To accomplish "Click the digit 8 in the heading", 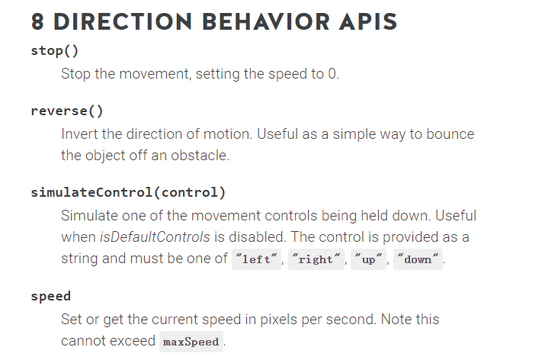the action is [37, 21].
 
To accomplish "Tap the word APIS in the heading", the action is [368, 21].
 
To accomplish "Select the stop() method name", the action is [55, 51].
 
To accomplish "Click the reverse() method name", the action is [67, 111].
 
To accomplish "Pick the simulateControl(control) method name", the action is [128, 192].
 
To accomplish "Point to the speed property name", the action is [51, 297].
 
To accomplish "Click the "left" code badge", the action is [257, 259].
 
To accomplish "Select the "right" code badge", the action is [316, 259].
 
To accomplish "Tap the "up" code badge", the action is [368, 259].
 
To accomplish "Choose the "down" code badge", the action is [418, 259].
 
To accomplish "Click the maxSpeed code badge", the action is [191, 342].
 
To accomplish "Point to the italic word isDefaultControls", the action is [155, 237].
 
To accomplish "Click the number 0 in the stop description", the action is [332, 74].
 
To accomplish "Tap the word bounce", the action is [450, 134].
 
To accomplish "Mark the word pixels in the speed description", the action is [278, 320].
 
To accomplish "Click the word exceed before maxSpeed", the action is [133, 341].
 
